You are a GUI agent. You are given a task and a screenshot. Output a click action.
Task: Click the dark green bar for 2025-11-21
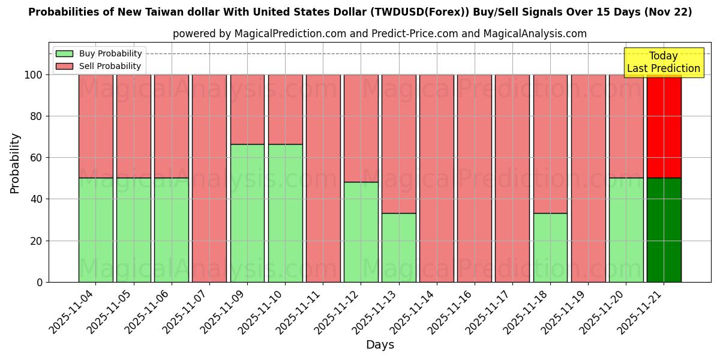tap(664, 230)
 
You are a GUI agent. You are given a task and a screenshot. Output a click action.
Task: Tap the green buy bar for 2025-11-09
tap(247, 213)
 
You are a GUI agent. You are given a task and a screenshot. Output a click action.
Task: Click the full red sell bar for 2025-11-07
tap(209, 178)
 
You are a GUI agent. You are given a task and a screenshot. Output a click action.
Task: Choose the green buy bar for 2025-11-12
tap(361, 232)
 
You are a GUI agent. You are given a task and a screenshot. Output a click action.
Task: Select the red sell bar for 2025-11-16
tap(475, 178)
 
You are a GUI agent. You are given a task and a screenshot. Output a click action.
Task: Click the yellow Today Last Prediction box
tap(663, 62)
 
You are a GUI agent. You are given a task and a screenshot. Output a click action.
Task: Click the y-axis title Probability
tap(15, 163)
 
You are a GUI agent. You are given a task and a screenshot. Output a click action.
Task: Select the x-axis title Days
tap(380, 345)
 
